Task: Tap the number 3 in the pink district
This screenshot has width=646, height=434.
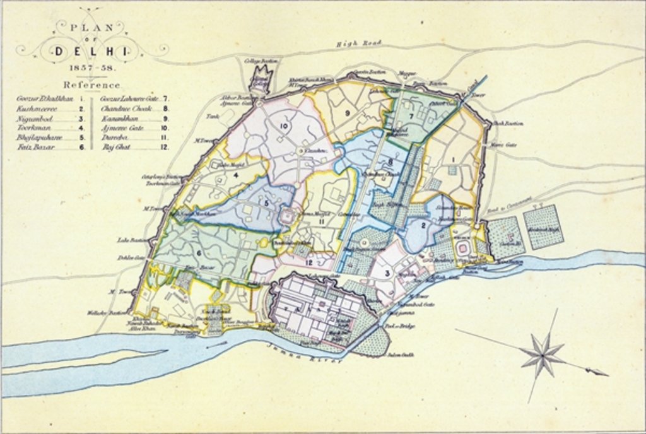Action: pos(387,273)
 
